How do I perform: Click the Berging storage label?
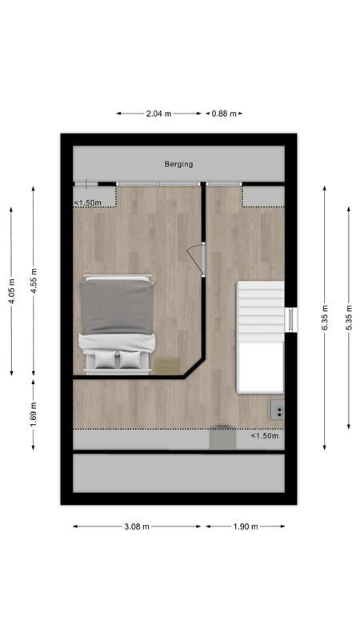click(x=178, y=164)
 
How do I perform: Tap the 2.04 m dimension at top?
click(x=158, y=114)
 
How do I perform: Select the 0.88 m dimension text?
click(x=223, y=114)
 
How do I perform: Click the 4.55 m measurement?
click(x=33, y=281)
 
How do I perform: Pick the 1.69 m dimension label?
click(x=33, y=414)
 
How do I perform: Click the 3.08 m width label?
click(x=137, y=526)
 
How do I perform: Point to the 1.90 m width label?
click(x=245, y=526)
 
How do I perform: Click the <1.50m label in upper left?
click(x=88, y=203)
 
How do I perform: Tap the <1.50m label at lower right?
click(x=264, y=436)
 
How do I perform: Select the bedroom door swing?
click(x=196, y=258)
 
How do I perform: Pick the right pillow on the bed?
click(x=130, y=360)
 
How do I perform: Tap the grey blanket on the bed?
click(x=117, y=306)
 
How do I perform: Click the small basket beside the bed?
click(x=167, y=365)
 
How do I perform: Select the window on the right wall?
click(x=290, y=319)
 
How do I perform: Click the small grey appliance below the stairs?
click(x=277, y=410)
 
